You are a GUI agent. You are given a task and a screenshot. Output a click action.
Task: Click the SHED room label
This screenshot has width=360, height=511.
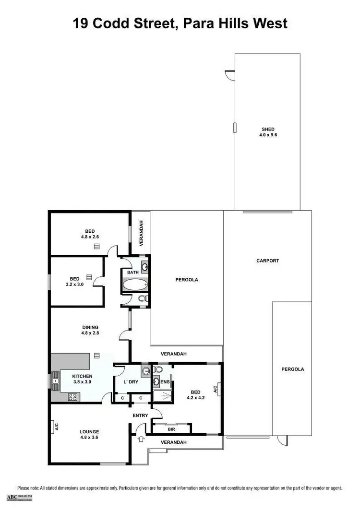[x=268, y=129]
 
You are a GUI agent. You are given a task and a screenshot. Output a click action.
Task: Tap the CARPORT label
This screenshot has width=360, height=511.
[x=268, y=261]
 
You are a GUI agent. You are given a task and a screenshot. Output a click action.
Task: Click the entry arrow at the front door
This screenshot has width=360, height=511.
[x=141, y=438]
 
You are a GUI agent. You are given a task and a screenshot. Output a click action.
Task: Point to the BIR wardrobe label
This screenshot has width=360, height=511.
[x=171, y=429]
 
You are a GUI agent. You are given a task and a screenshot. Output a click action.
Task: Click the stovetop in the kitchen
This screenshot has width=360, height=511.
[x=73, y=397]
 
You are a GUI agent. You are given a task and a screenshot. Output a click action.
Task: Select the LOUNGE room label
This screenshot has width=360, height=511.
[x=89, y=431]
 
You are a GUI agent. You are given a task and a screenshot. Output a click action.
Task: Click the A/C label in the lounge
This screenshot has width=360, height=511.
[x=56, y=427]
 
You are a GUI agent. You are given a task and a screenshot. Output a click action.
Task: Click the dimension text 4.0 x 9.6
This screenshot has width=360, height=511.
[x=268, y=135]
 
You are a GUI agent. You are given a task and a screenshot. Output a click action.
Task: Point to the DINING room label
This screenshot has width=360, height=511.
[x=90, y=328]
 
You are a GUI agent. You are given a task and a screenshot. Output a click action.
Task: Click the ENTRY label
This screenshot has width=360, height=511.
[x=140, y=416]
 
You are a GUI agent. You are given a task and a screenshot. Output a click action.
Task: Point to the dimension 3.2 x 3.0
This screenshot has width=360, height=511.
[x=74, y=284]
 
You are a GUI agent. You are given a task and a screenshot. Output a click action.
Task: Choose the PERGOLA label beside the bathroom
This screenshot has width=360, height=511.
[x=187, y=279]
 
